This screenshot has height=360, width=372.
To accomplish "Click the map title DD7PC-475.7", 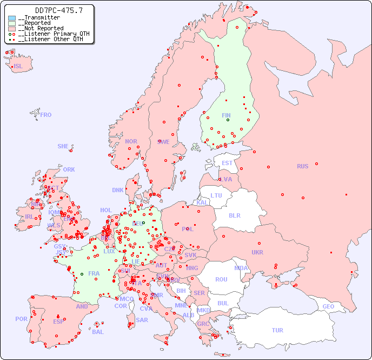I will [x=51, y=10].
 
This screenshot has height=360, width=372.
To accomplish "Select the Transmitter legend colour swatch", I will [x=12, y=18].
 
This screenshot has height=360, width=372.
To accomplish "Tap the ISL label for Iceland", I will [x=18, y=67].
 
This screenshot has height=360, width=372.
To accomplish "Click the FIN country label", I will [x=226, y=115].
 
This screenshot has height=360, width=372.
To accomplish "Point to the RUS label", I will [x=302, y=166].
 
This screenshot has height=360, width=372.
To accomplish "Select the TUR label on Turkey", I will [x=277, y=330].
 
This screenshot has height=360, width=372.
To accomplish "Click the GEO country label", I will [x=328, y=307].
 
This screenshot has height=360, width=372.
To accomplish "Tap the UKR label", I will [x=257, y=252].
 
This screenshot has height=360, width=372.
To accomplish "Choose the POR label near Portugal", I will [x=21, y=319].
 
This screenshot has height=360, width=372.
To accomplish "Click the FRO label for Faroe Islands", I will [x=45, y=115].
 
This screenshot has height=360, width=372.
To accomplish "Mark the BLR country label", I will [x=234, y=215].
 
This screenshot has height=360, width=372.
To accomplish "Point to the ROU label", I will [x=221, y=279].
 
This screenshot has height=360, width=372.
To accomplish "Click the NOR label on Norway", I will [x=131, y=141].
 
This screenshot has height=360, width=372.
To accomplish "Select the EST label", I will [x=227, y=163].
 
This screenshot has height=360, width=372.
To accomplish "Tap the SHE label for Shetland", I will [x=63, y=146].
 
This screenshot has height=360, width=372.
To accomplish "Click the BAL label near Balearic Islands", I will [x=98, y=332].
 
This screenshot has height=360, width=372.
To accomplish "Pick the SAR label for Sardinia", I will [x=142, y=320].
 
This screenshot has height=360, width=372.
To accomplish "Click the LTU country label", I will [x=216, y=195].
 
